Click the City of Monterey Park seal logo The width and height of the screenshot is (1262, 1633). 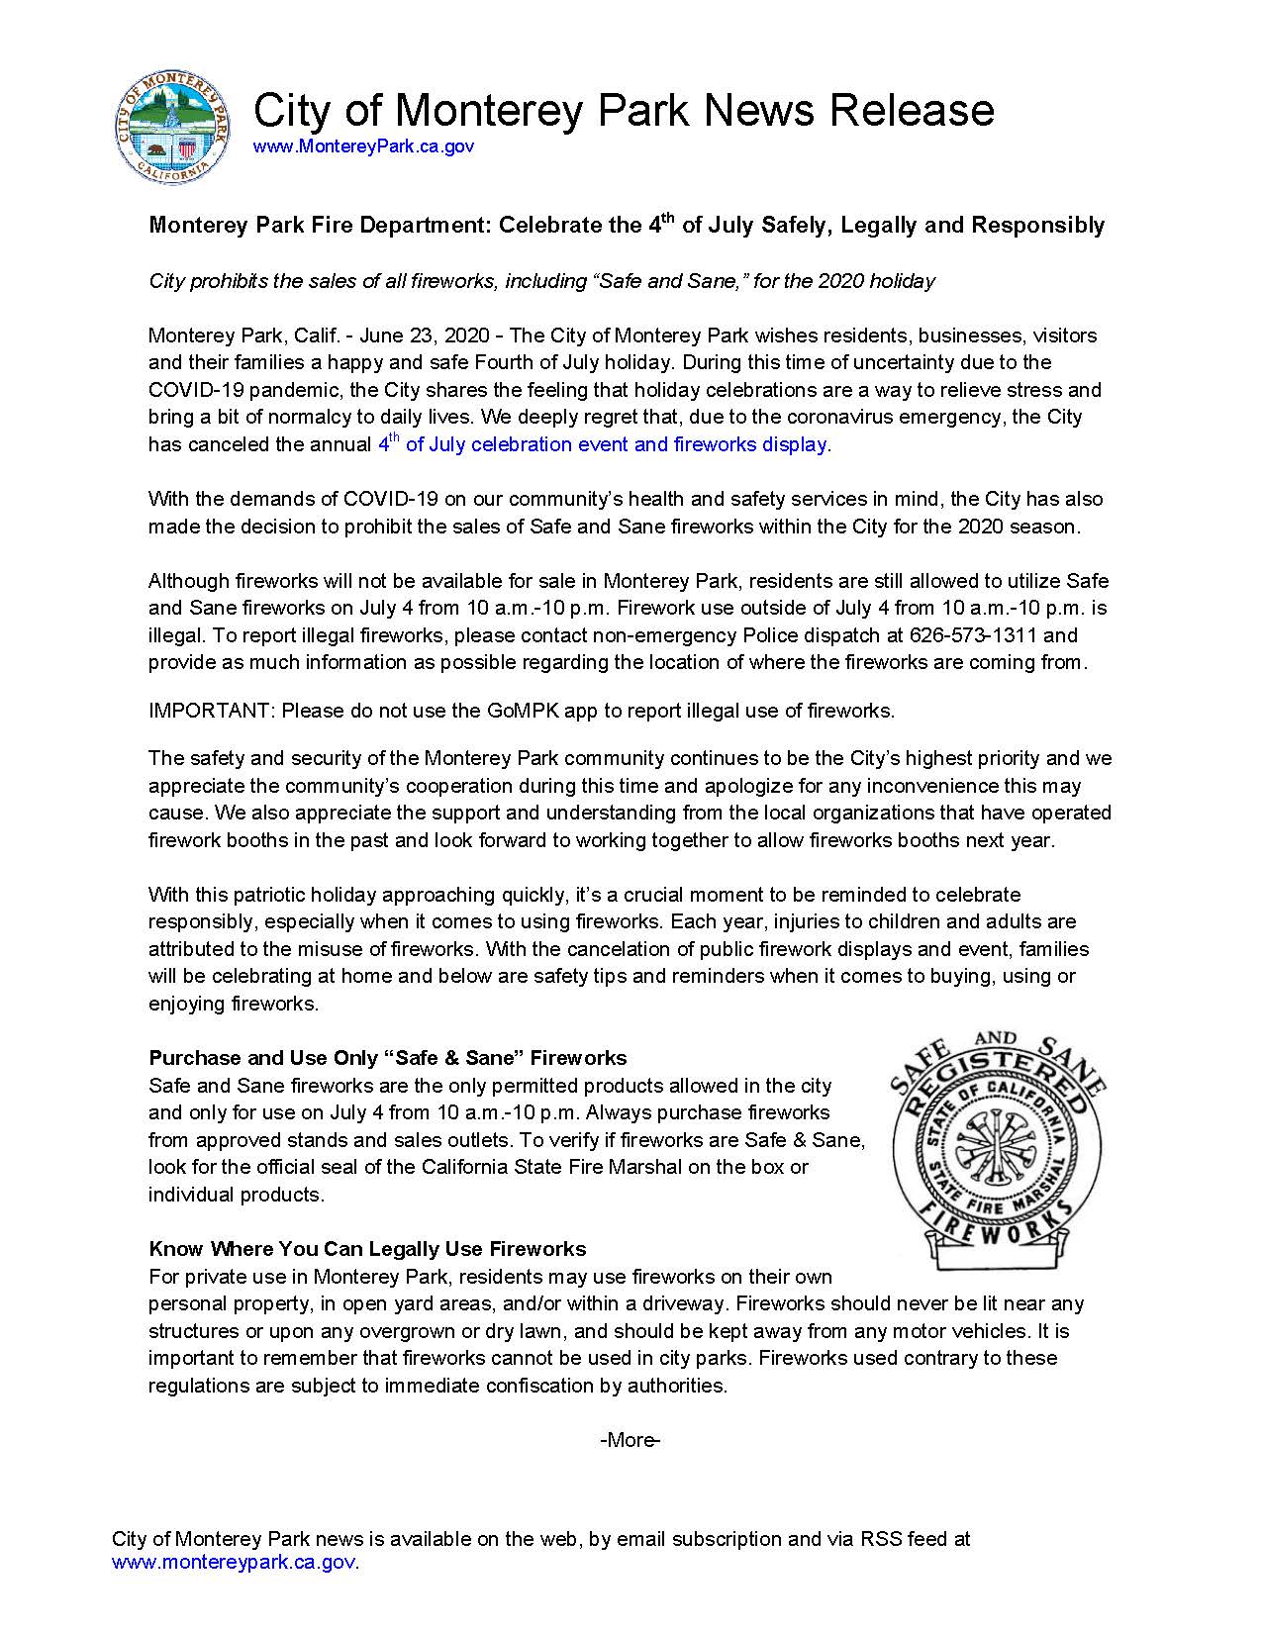coord(172,127)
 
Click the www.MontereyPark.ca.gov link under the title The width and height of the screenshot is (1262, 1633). coord(363,146)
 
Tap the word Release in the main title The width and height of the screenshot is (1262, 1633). coord(912,110)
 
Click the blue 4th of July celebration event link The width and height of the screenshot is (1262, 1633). coord(603,444)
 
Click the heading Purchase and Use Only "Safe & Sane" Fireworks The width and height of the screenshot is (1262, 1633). coord(387,1058)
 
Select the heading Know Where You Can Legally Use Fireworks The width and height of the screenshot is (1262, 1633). coord(367,1249)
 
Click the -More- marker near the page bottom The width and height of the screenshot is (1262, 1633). coord(630,1440)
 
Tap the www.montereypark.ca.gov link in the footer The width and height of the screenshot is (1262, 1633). coord(234,1563)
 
